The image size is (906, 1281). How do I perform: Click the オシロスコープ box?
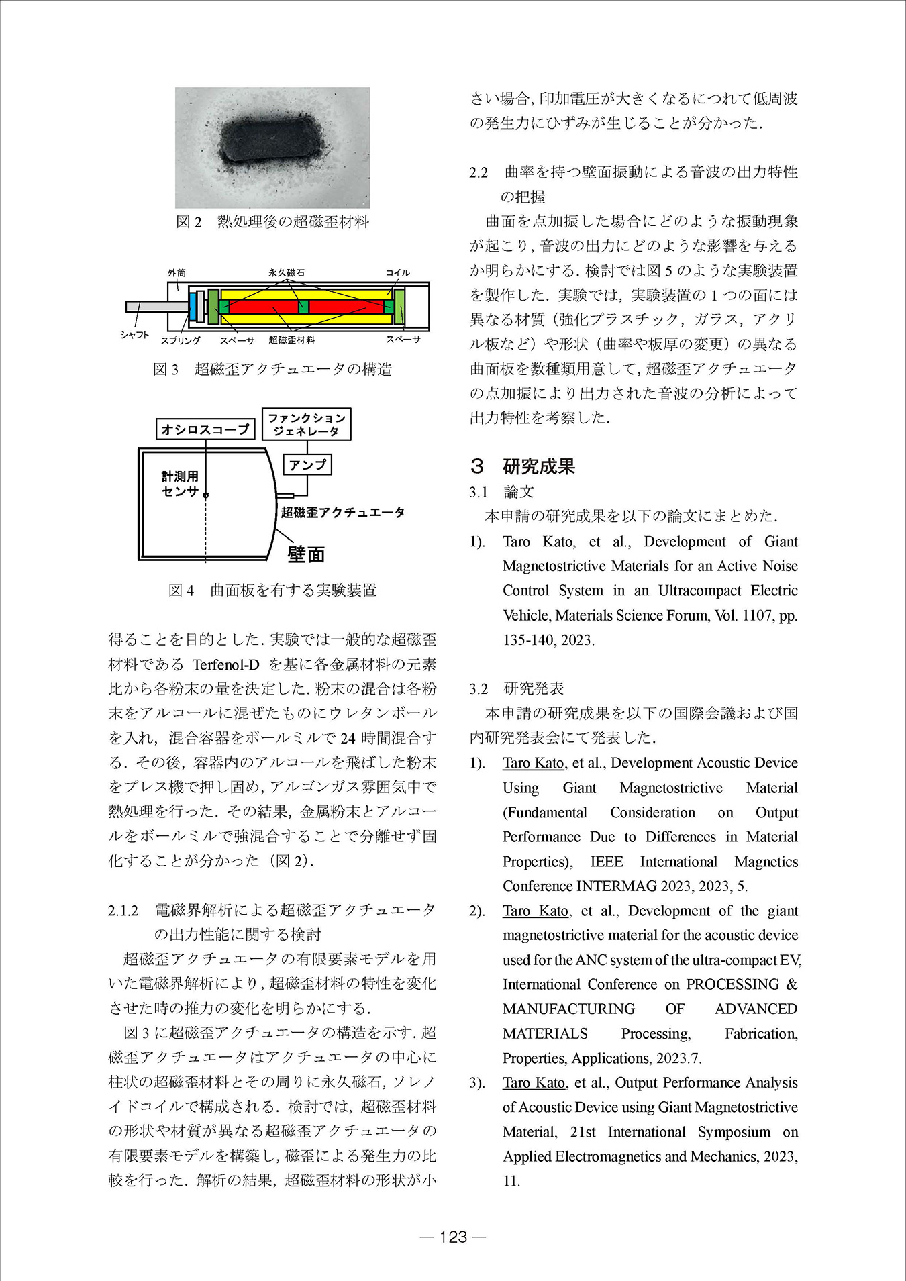click(205, 429)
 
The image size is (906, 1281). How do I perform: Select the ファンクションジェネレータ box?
click(307, 424)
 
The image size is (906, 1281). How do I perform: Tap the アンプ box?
click(307, 464)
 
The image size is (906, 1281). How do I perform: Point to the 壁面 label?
click(306, 554)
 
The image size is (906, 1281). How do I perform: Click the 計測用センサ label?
click(180, 483)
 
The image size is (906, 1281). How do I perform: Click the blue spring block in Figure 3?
click(193, 306)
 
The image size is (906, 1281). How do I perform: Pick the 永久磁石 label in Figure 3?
click(287, 272)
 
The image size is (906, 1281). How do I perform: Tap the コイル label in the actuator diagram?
click(397, 272)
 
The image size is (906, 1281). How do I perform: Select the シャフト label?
click(135, 334)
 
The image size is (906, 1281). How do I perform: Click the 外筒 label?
click(177, 272)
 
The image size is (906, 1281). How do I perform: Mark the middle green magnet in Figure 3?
click(303, 307)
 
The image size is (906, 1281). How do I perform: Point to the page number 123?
click(452, 1237)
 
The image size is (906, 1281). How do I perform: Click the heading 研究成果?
click(538, 466)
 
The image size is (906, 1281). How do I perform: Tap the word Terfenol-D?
click(225, 665)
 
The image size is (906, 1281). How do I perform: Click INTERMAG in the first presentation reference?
click(616, 886)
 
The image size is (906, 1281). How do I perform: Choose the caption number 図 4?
click(181, 590)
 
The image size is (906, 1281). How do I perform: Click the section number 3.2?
click(479, 688)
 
